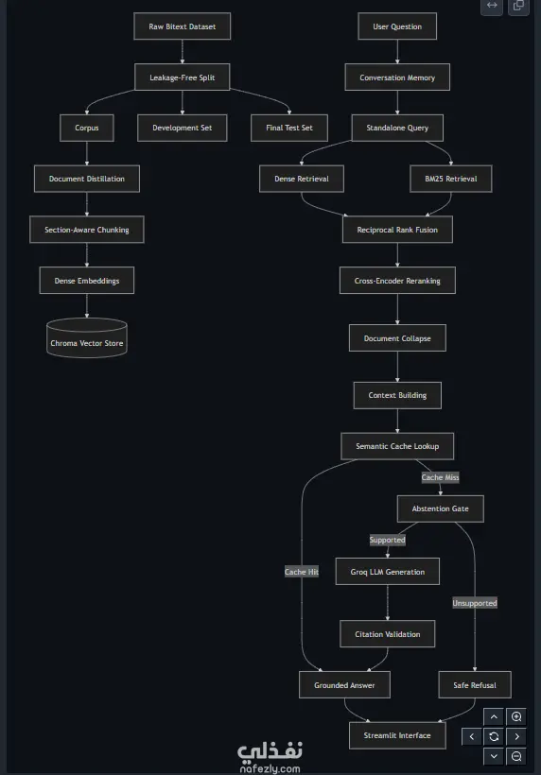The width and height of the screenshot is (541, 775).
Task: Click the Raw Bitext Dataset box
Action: coord(182,26)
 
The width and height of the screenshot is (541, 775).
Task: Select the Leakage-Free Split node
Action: coord(182,77)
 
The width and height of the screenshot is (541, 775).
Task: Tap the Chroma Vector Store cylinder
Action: coord(86,338)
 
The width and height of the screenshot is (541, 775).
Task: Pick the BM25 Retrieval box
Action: coord(451,179)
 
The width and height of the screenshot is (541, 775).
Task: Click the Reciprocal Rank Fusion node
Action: coord(397,230)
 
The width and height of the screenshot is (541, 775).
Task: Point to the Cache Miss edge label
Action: coord(440,477)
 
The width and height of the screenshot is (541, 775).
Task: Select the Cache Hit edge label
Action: coord(302,572)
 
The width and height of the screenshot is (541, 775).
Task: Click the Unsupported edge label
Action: coord(475,603)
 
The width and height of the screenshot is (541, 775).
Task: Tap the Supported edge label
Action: coord(387,540)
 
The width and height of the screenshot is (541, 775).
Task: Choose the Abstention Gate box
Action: coord(440,508)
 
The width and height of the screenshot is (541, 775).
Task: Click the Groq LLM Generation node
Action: coord(387,572)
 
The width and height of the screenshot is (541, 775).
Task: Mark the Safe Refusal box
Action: coord(475,684)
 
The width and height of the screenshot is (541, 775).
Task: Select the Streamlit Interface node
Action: coord(397,735)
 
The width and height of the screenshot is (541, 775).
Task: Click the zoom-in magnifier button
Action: coord(516,716)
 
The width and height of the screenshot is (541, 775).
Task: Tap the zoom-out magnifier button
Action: coord(516,756)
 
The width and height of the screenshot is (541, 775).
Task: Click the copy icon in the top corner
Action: coord(518,6)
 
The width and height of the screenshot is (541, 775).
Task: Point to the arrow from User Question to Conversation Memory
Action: coord(397,51)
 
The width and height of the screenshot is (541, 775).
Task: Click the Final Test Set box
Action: coord(289,128)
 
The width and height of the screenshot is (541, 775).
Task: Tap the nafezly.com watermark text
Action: coord(270,768)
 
